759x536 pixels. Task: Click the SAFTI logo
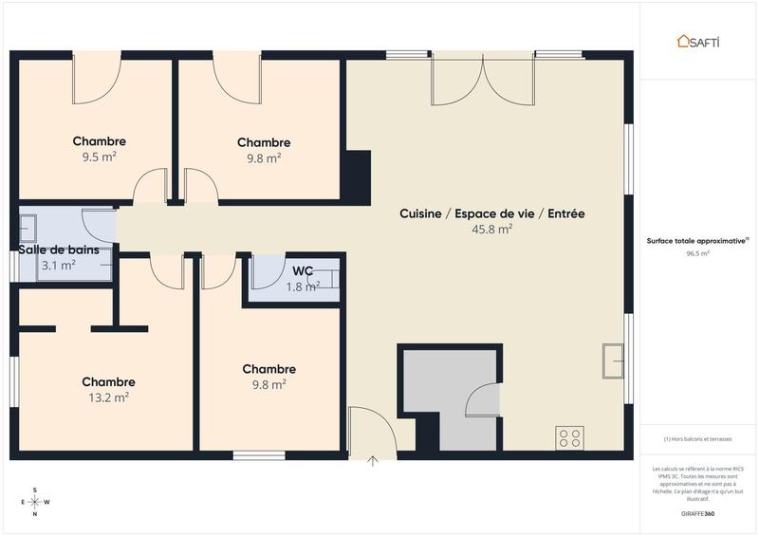(698, 41)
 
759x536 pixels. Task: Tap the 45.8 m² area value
(491, 229)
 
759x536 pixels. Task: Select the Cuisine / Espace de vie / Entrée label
(491, 213)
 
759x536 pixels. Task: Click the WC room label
(303, 271)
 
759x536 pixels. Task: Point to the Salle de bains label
(59, 250)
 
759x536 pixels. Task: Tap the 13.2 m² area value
(108, 397)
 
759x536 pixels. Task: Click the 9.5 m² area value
(99, 157)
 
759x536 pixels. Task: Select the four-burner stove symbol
(569, 437)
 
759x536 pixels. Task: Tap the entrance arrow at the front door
(373, 462)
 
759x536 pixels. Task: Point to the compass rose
(35, 502)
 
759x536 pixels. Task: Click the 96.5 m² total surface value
(698, 253)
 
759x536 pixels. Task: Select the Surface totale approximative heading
(698, 241)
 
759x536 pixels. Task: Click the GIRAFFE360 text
(697, 513)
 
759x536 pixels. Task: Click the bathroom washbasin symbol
(28, 228)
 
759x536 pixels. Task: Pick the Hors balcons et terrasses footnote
(698, 438)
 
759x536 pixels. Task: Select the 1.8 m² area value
(303, 286)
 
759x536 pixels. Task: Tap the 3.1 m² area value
(58, 266)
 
